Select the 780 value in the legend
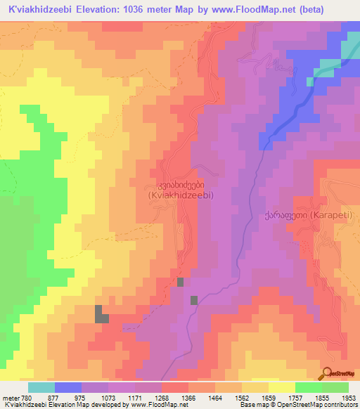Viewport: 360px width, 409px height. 26,397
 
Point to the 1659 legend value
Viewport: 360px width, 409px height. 270,397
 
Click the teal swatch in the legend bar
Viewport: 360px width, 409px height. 41,387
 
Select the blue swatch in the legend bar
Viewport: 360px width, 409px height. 68,387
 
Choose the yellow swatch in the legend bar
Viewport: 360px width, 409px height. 281,387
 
